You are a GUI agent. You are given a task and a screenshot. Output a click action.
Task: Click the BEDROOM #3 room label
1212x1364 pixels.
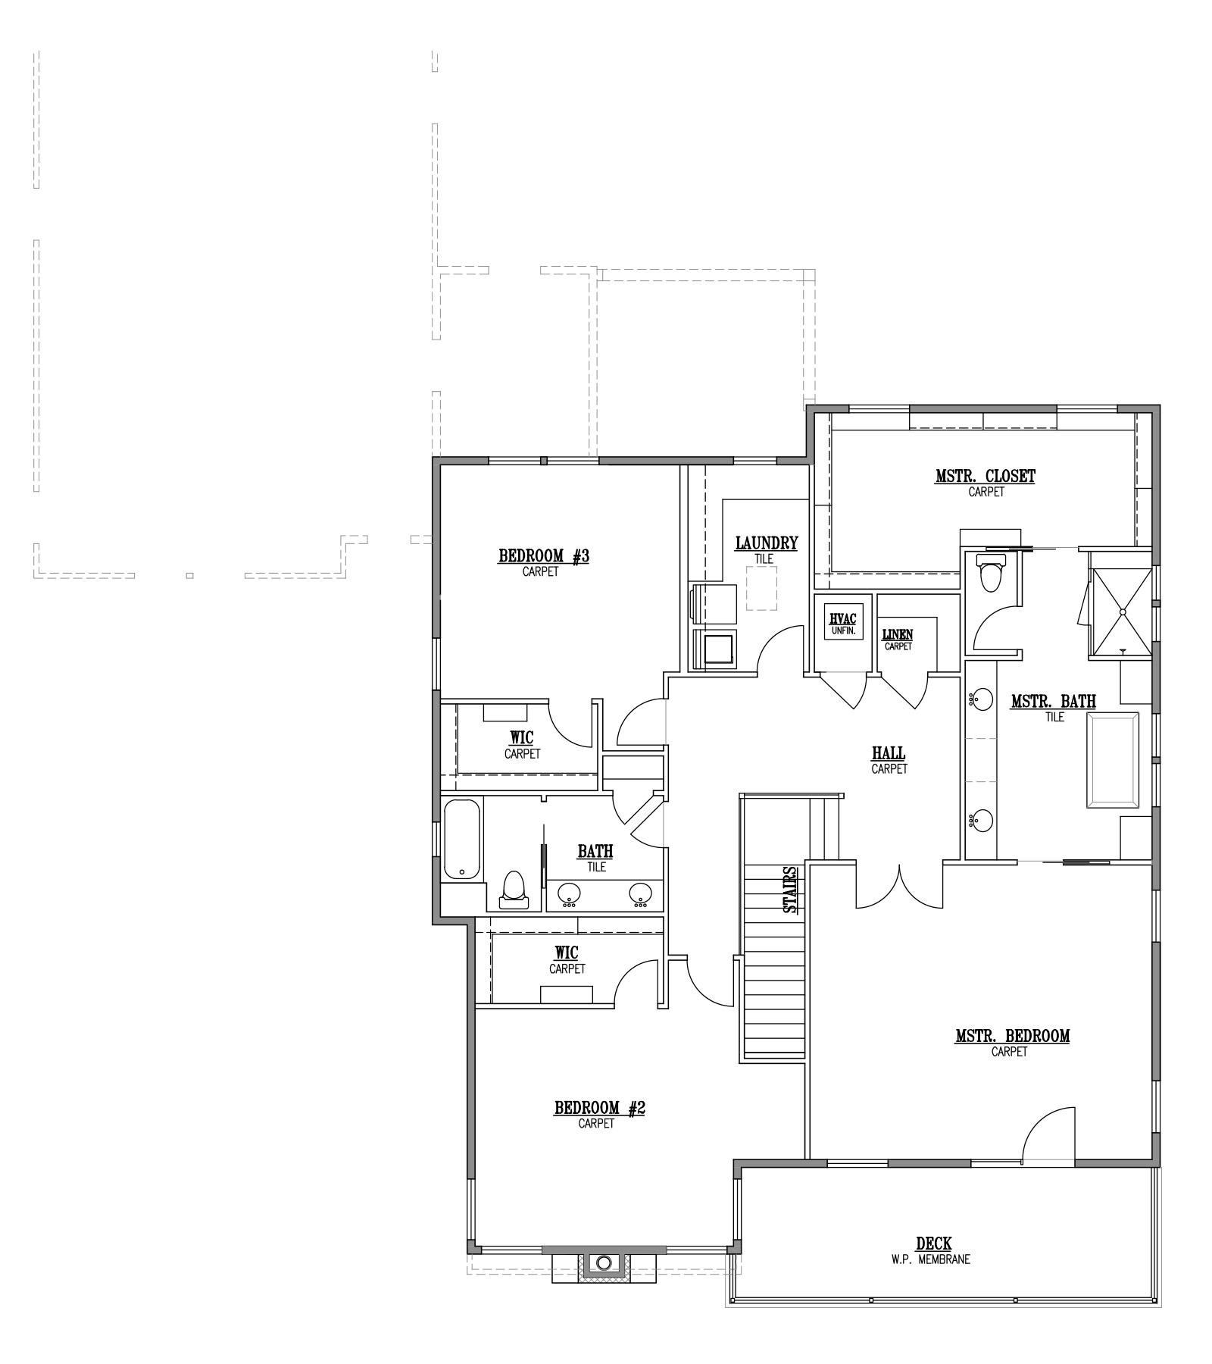pos(543,556)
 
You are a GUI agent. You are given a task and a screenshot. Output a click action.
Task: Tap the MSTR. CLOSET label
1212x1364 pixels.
pos(985,476)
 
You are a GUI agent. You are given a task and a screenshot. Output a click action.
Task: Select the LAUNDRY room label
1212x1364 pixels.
pos(766,543)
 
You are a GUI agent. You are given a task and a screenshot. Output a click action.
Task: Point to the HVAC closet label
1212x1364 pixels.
pos(842,619)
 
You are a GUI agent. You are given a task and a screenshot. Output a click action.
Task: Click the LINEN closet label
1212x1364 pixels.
pos(898,634)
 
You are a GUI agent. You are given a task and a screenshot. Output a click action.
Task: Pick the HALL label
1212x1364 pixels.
pos(889,753)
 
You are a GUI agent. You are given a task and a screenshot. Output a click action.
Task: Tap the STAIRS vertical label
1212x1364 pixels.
pos(790,889)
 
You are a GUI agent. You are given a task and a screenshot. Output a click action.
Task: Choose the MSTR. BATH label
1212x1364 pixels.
pos(1053,702)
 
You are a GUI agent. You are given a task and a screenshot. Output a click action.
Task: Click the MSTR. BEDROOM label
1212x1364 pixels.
pos(1012,1036)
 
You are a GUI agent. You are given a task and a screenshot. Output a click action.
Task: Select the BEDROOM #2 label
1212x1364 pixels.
pos(599,1108)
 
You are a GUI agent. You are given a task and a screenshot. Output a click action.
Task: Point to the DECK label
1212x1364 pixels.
pos(933,1244)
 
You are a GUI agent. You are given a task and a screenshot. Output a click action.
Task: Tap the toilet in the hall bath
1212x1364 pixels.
pos(513,889)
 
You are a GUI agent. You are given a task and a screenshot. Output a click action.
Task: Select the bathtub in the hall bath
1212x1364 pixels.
pos(462,839)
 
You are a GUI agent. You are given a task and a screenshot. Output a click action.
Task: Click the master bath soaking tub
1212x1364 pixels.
pos(1113,760)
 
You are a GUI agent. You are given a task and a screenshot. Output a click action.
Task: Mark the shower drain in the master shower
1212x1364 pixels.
pos(1123,611)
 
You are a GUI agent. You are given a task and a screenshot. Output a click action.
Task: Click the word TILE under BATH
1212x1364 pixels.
pos(596,867)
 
